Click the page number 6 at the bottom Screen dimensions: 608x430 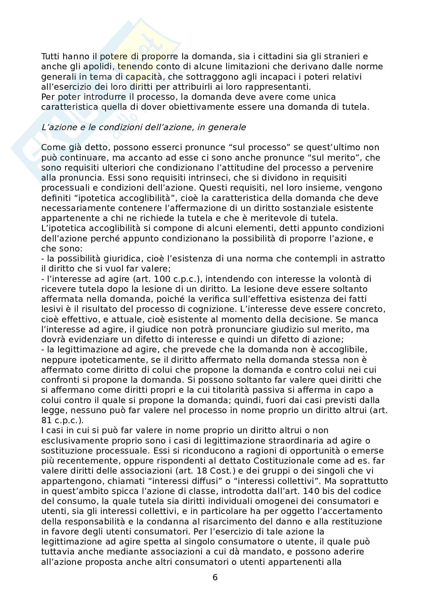pos(215,577)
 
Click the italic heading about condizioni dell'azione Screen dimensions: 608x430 pos(143,127)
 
